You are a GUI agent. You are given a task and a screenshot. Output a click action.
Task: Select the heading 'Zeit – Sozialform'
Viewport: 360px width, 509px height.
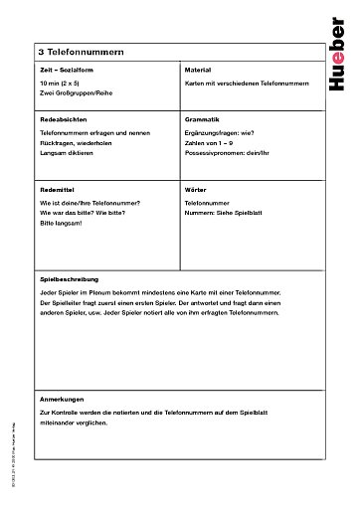[66, 73]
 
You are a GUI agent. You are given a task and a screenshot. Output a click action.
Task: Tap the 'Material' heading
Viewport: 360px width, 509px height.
[197, 73]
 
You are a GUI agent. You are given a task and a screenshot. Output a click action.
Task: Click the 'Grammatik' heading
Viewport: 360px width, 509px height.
[201, 118]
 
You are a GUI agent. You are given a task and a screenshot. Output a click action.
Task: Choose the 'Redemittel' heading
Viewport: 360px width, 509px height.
[57, 188]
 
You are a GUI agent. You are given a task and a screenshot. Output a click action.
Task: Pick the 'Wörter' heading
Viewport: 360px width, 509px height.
[195, 188]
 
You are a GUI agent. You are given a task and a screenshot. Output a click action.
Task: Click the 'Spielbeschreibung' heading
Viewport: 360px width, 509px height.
[69, 279]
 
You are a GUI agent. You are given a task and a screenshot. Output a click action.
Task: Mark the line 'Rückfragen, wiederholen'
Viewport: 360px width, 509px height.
[76, 143]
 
